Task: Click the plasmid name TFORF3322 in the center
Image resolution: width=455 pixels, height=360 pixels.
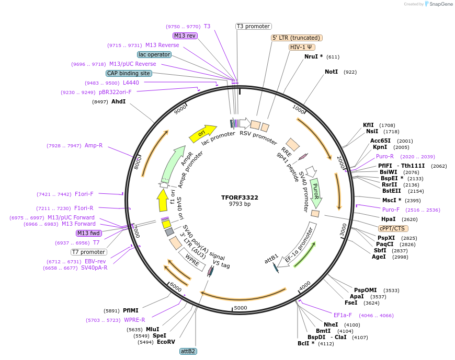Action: pos(240,198)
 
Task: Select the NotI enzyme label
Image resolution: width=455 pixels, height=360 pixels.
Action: pos(331,72)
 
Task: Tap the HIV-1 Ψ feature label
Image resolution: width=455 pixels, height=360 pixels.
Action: pos(301,47)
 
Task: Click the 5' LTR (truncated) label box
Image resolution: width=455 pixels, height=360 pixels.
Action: pos(297,38)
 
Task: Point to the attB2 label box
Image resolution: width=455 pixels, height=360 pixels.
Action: pos(188,351)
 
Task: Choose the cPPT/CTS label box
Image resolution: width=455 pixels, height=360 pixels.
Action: pos(393,228)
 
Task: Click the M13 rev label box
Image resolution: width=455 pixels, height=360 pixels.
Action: pos(185,36)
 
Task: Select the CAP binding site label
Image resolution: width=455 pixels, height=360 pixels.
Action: pos(129,73)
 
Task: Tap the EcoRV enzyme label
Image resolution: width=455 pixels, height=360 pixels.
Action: pos(166,342)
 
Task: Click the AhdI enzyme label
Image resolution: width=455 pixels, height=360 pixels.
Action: pos(118,101)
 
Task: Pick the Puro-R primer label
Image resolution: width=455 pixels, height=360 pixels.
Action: pos(384,156)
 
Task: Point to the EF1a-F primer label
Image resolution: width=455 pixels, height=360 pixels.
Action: pos(343,315)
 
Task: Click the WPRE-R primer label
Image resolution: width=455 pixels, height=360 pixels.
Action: pos(134,320)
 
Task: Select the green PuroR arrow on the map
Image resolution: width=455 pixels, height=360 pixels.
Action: pos(315,192)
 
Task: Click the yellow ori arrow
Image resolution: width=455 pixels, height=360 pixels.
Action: pos(202,133)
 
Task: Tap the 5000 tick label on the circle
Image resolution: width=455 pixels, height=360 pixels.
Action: pos(240,308)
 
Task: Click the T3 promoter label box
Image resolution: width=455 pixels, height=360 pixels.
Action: pos(253,26)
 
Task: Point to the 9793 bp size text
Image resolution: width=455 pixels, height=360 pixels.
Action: pos(240,204)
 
